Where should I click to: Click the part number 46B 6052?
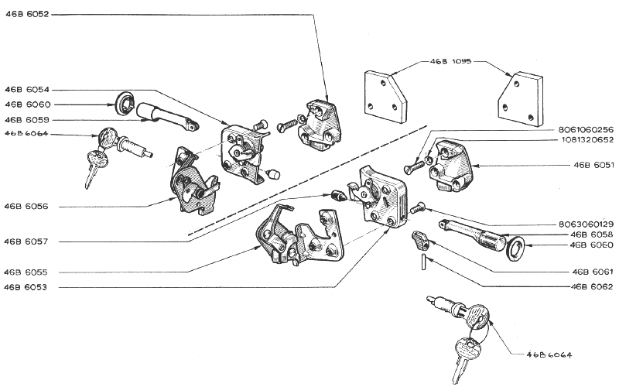[27, 15]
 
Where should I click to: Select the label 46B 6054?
[27, 90]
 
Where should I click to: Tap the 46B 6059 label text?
[27, 120]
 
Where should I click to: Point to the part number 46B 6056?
[26, 207]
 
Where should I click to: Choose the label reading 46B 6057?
[26, 241]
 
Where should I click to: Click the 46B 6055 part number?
[26, 272]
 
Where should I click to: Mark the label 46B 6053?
[26, 287]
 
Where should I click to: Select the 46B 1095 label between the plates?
[450, 62]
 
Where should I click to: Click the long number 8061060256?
[586, 129]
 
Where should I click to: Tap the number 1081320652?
[587, 140]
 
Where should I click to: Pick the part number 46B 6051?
[593, 165]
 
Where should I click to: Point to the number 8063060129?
[586, 224]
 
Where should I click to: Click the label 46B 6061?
[593, 272]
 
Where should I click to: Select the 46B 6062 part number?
[592, 286]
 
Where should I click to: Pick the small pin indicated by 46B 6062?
[423, 262]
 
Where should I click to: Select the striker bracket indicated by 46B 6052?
[320, 125]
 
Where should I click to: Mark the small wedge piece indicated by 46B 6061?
[420, 241]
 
